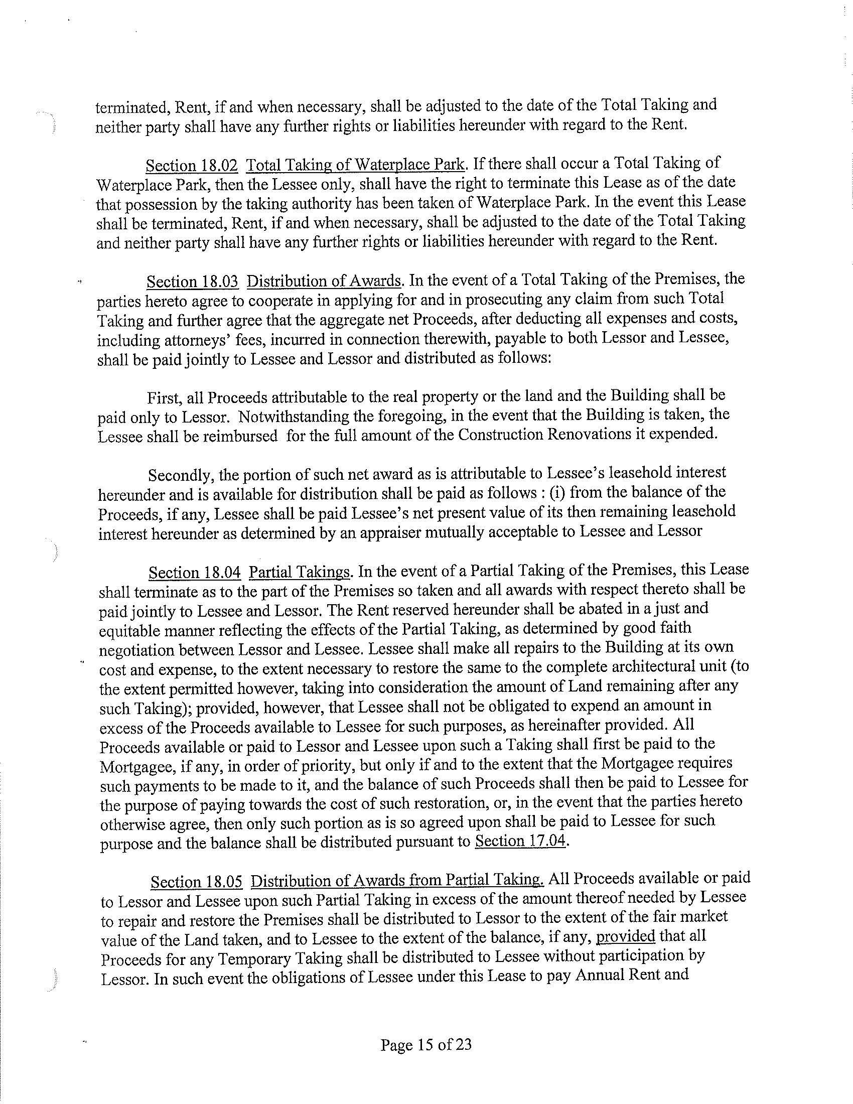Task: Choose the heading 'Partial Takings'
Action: (x=300, y=572)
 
